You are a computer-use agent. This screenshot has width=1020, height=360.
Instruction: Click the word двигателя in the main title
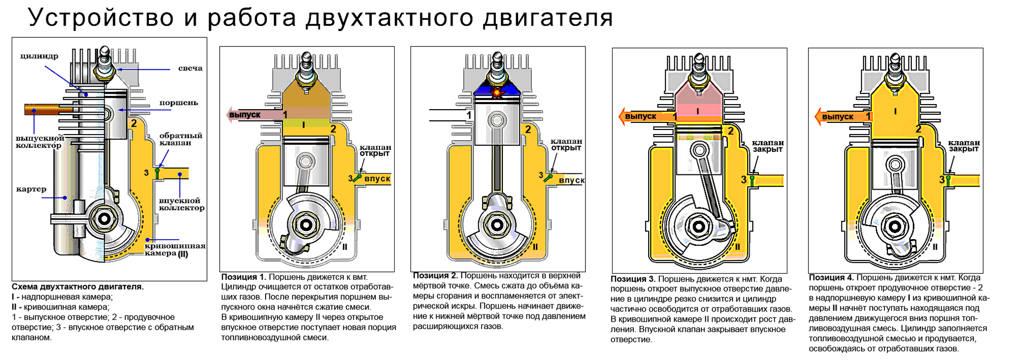[x=548, y=18]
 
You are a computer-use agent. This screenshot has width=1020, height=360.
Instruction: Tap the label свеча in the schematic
[x=190, y=68]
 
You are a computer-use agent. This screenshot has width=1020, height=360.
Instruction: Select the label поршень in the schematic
[x=178, y=103]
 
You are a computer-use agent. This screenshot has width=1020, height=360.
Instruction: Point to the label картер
[x=31, y=189]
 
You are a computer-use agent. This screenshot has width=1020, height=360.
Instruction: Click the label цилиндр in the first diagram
[x=39, y=56]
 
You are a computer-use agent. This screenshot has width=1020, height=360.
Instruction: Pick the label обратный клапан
[x=181, y=139]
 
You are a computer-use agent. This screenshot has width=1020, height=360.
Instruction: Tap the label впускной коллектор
[x=182, y=204]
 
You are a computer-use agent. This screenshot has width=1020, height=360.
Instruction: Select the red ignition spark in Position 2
[x=496, y=92]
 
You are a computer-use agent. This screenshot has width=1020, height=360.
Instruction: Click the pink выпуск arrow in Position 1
[x=250, y=115]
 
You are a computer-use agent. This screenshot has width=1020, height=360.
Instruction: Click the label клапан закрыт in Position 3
[x=768, y=146]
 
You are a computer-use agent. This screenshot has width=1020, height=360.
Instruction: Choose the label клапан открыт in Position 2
[x=566, y=145]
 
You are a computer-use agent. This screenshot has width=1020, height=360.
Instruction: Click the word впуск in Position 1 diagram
[x=377, y=178]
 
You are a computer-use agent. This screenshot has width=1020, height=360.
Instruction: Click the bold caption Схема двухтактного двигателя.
[x=78, y=287]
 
